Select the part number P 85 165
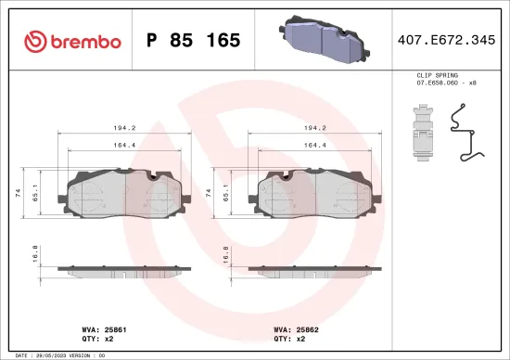(194, 41)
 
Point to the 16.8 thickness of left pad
(35, 252)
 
